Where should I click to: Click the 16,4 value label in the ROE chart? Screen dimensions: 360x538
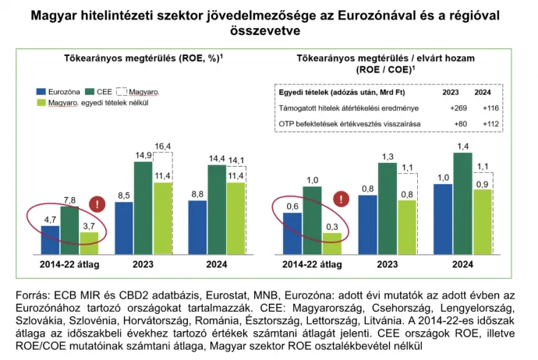pyautogui.click(x=163, y=146)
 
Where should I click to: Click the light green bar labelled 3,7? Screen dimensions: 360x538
pyautogui.click(x=90, y=244)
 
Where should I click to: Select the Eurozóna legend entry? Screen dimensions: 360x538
pyautogui.click(x=59, y=91)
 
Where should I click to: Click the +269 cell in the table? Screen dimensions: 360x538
pyautogui.click(x=458, y=108)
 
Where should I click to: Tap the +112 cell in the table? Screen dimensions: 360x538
pyautogui.click(x=490, y=123)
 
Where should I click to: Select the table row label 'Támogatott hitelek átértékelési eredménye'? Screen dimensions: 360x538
pyautogui.click(x=339, y=108)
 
